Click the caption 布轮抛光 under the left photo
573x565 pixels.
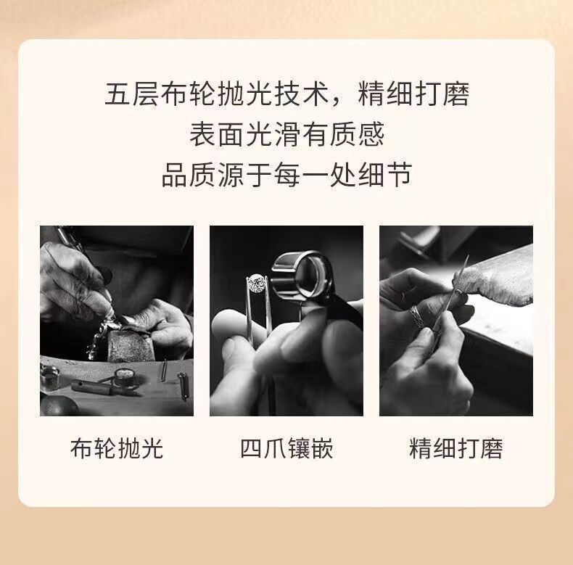pos(117,448)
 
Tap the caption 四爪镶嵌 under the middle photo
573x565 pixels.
pos(286,448)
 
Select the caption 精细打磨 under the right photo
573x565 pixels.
pos(456,448)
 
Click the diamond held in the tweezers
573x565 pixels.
pos(257,283)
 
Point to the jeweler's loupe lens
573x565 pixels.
pos(310,276)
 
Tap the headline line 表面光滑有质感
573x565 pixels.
pos(286,134)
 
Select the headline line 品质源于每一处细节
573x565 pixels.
pos(286,175)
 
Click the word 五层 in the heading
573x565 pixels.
pos(132,94)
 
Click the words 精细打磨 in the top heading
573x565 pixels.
pos(413,94)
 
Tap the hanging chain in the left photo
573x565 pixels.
pos(98,339)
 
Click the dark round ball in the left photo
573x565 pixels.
pos(58,405)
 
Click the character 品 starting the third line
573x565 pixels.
pos(174,175)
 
